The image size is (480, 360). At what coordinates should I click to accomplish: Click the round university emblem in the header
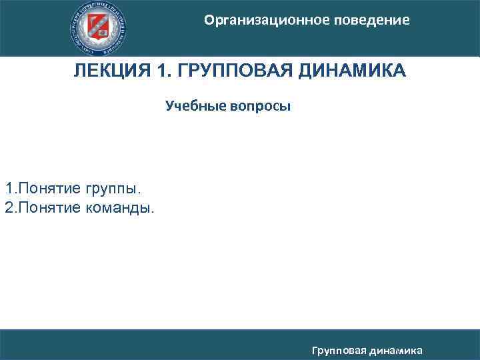tap(99, 27)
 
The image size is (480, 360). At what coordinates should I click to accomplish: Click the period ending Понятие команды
tap(153, 212)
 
